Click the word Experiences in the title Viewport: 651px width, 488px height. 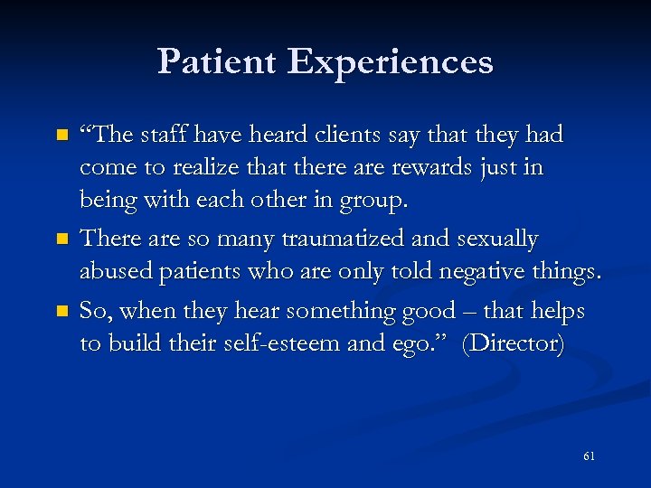point(391,62)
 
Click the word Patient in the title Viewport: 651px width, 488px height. point(218,61)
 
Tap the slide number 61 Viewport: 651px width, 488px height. point(589,456)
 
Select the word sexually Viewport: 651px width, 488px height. point(492,239)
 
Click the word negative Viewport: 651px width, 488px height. point(469,273)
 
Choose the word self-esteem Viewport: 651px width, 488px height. point(283,345)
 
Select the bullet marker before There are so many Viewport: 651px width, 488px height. point(61,240)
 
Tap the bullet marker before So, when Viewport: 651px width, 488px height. point(61,311)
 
